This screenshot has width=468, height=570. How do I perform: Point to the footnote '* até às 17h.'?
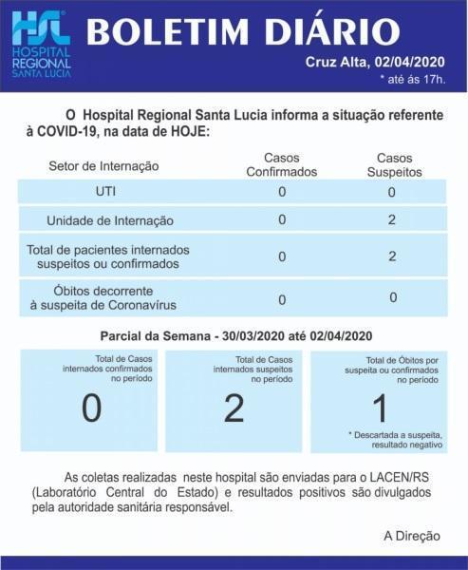pyautogui.click(x=411, y=79)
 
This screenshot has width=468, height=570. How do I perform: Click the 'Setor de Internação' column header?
pyautogui.click(x=103, y=166)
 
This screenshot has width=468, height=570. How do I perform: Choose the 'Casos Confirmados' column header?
pyautogui.click(x=281, y=164)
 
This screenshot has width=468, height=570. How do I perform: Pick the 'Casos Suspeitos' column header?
pyautogui.click(x=392, y=164)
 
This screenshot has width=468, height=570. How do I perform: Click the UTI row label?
pyautogui.click(x=106, y=191)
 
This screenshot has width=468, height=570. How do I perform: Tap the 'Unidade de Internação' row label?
pyautogui.click(x=110, y=220)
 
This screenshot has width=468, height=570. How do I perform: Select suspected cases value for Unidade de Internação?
pyautogui.click(x=392, y=219)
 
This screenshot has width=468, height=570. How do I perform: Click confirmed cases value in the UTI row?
pyautogui.click(x=282, y=191)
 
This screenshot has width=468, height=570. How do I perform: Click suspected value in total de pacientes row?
pyautogui.click(x=392, y=256)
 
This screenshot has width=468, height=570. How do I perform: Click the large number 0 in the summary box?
pyautogui.click(x=91, y=408)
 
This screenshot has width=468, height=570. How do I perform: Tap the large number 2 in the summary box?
pyautogui.click(x=234, y=408)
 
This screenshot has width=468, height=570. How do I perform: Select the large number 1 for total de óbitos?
pyautogui.click(x=380, y=408)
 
